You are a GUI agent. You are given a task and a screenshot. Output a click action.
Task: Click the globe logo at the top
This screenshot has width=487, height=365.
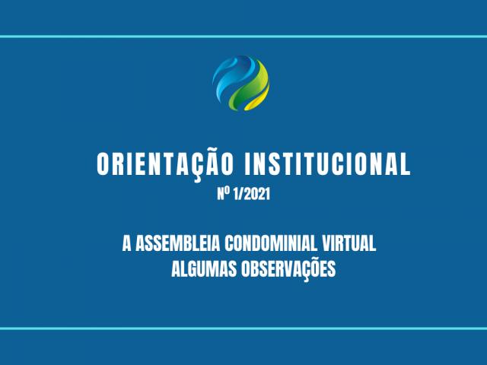[240, 83]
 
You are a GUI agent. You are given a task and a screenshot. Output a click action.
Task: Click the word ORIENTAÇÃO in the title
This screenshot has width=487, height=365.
[165, 164]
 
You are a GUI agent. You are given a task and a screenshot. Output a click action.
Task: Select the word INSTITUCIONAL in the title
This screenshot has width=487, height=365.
[328, 164]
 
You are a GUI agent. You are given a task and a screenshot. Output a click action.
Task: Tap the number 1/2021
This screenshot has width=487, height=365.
[251, 195]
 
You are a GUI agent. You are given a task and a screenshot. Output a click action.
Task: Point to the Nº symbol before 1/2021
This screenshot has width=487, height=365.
[224, 194]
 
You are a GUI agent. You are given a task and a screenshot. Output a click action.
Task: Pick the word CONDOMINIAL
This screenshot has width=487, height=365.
[271, 243]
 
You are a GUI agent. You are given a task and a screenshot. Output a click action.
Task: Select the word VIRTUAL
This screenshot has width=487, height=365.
[349, 243]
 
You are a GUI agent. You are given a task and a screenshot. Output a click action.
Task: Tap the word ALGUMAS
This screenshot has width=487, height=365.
[204, 268]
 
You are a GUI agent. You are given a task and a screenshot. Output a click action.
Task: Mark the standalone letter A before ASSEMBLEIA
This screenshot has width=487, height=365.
[127, 243]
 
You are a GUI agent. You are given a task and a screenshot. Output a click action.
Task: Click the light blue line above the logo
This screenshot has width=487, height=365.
[243, 36]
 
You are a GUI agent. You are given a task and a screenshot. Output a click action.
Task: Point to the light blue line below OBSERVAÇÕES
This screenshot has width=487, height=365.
[243, 328]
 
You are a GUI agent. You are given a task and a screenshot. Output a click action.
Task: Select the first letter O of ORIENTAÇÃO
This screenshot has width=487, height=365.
[103, 164]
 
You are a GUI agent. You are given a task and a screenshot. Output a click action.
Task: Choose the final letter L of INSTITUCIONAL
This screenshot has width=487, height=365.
[406, 164]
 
